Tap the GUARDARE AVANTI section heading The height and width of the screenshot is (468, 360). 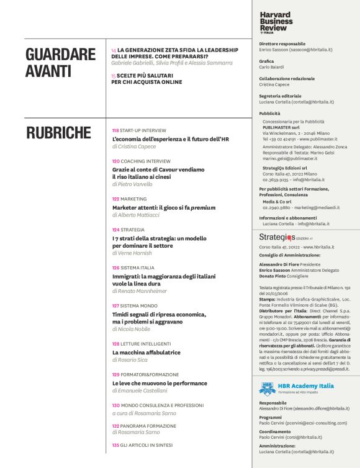pos(56,63)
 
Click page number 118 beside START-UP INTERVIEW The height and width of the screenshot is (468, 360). pos(115,131)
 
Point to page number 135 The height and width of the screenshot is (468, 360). pos(115,445)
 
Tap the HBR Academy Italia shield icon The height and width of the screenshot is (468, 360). pos(266,389)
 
